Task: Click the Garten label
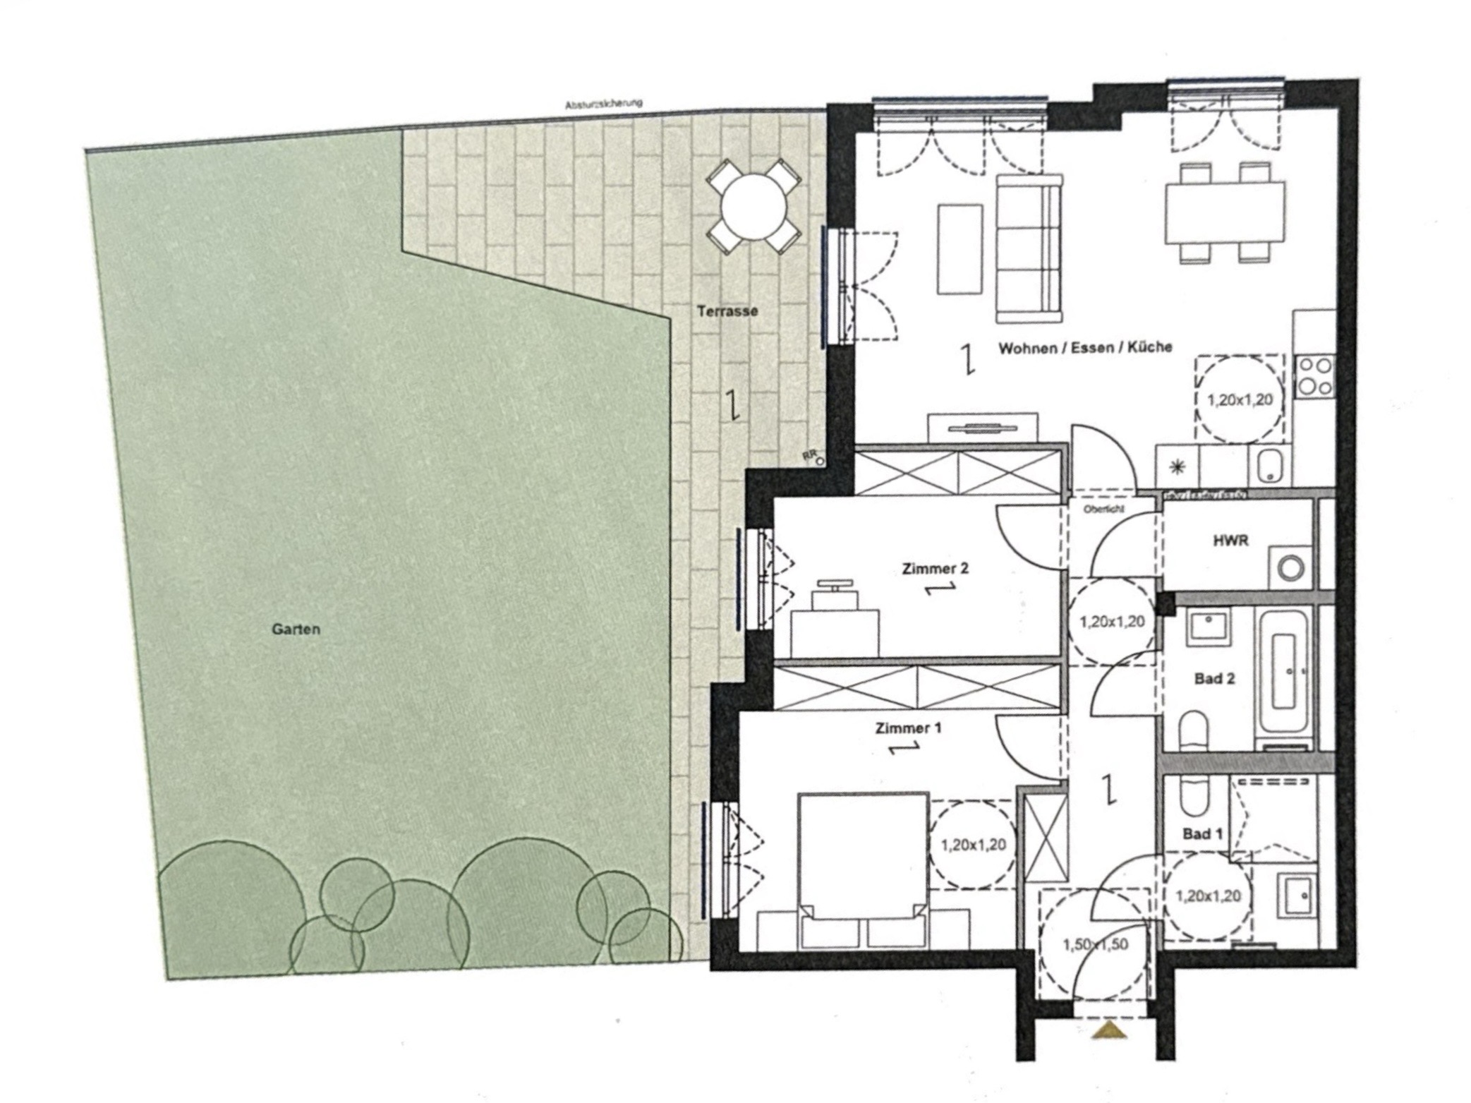(x=296, y=629)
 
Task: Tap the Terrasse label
(x=727, y=311)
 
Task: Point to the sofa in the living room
(x=1029, y=247)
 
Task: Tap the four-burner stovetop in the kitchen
(x=1315, y=376)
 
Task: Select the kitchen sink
(x=1269, y=465)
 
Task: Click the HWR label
(x=1230, y=541)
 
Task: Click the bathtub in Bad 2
(x=1283, y=670)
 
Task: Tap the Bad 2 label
(x=1214, y=679)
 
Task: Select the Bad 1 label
(x=1202, y=834)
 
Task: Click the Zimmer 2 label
(x=935, y=568)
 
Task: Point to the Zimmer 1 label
(x=908, y=728)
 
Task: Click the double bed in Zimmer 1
(x=863, y=868)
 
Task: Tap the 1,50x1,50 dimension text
(x=1095, y=944)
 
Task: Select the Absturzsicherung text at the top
(x=604, y=104)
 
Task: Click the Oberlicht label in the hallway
(x=1104, y=508)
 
